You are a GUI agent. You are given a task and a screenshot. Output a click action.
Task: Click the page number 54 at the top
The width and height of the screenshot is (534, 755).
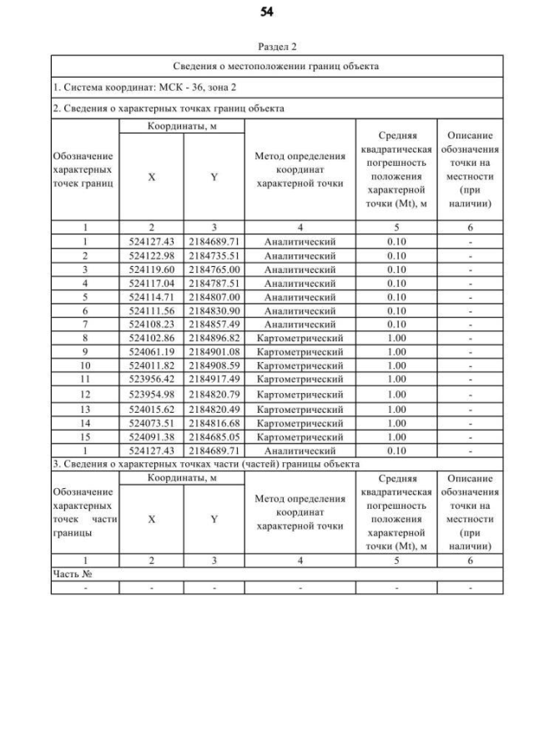267,12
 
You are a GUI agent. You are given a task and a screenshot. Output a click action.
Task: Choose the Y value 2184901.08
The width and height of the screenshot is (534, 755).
214,352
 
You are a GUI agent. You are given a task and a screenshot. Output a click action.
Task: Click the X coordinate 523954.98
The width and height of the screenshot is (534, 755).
151,394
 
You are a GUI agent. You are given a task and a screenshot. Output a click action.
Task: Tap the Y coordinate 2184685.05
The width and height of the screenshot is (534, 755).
214,436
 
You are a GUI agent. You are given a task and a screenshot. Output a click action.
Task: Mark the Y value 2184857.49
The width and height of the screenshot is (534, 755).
214,325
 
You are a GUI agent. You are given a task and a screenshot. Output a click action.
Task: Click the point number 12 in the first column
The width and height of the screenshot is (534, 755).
85,394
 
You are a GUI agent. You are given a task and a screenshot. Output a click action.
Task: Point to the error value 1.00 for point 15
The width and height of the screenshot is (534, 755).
396,436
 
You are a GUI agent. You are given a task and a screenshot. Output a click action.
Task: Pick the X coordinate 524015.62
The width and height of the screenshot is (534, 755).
151,409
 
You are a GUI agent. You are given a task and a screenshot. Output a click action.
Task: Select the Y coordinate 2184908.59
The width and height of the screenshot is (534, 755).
214,366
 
